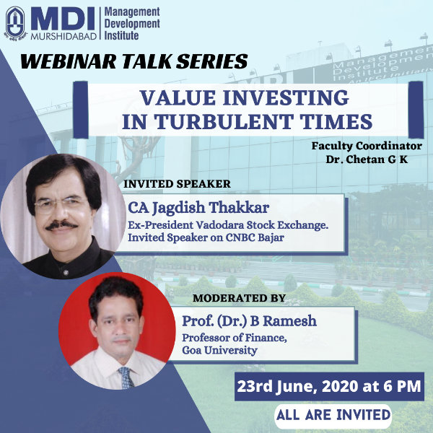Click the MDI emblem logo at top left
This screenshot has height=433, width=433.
(x=15, y=23)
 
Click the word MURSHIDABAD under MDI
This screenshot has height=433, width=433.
(x=64, y=37)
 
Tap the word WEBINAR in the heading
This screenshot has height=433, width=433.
(x=69, y=61)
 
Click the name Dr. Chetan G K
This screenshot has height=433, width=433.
(x=367, y=159)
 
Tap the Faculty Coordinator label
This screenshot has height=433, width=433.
(x=367, y=146)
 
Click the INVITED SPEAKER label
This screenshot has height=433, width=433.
(x=177, y=184)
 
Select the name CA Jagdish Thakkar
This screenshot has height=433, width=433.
(x=198, y=208)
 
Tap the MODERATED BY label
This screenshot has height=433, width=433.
(x=239, y=298)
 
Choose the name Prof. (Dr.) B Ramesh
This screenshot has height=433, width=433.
(x=249, y=321)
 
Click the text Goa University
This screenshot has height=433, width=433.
(x=219, y=350)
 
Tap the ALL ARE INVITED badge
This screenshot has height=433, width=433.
(x=333, y=415)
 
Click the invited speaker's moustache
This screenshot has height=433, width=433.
(x=61, y=224)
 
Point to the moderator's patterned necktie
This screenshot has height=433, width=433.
(x=127, y=377)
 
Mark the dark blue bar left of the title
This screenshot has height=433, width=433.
(x=81, y=110)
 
